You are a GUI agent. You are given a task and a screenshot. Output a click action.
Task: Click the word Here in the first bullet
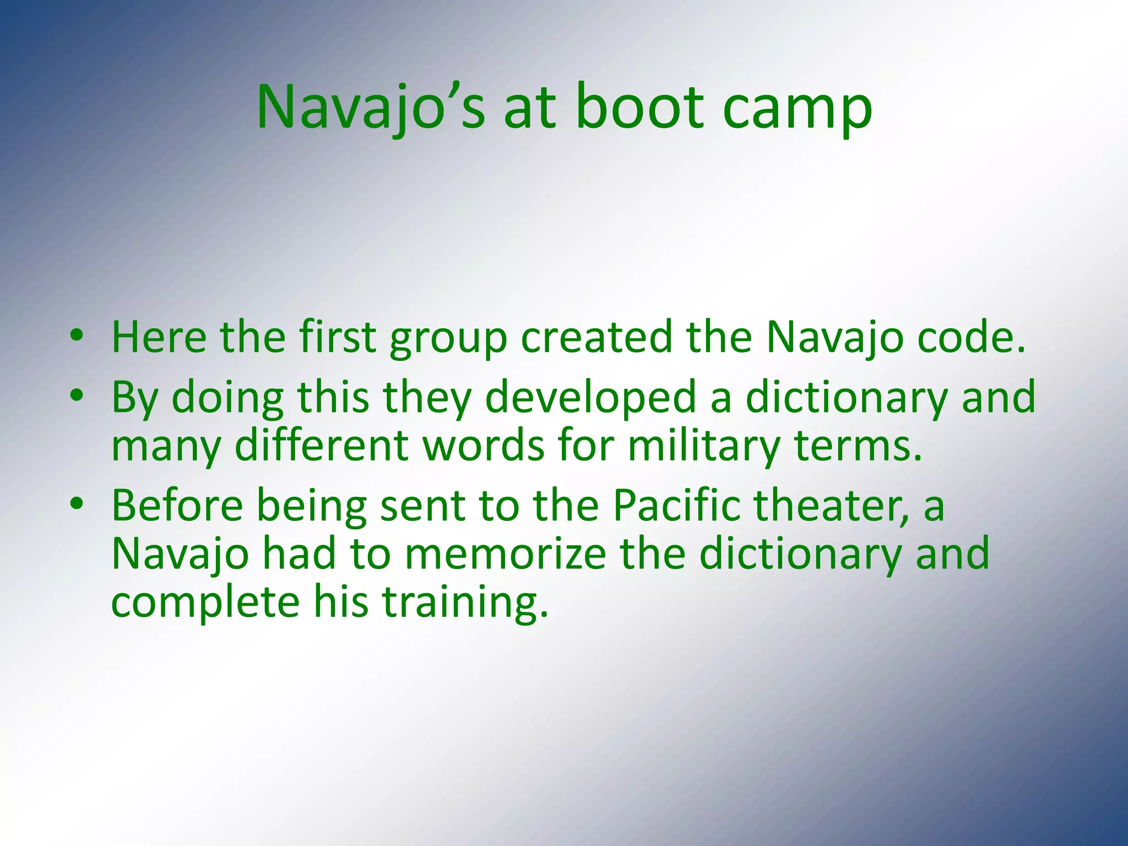[x=159, y=337]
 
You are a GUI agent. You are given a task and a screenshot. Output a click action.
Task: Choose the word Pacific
[x=676, y=505]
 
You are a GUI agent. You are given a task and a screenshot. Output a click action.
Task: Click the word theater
[x=832, y=505]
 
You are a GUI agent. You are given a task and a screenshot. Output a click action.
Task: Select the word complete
[x=205, y=602]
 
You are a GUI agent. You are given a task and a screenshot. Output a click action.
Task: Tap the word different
[x=321, y=445]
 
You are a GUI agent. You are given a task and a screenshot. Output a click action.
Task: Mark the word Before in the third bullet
[x=177, y=505]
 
